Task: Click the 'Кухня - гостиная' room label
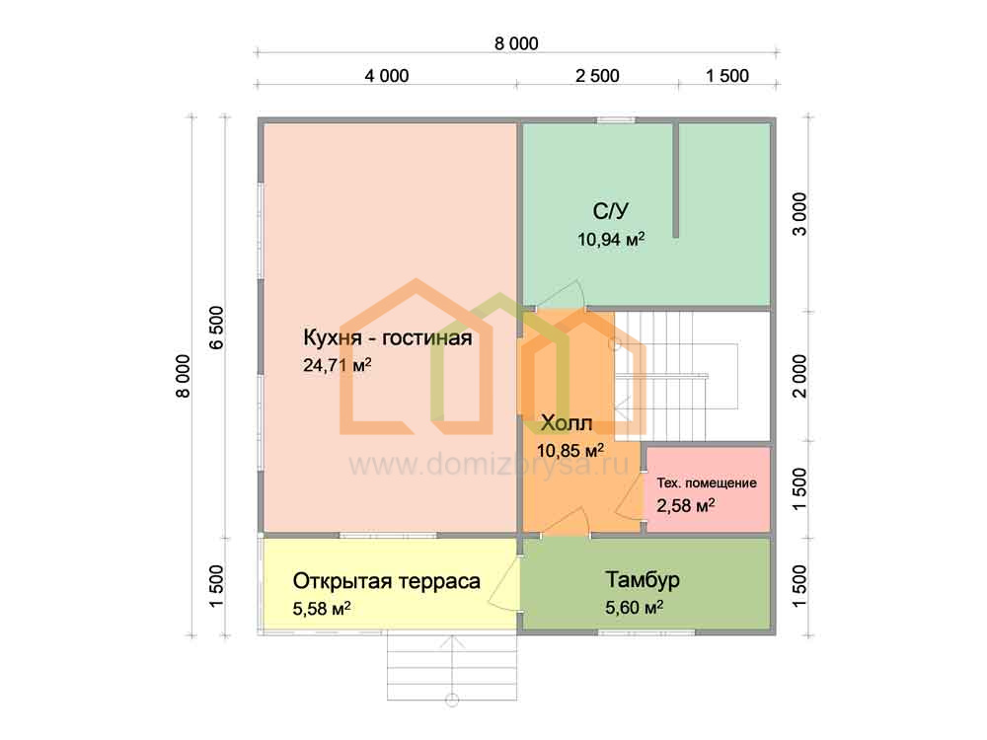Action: (387, 337)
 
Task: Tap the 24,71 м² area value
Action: (338, 365)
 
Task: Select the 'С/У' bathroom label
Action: (611, 211)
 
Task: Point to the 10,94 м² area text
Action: (611, 239)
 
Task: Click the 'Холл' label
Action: (567, 423)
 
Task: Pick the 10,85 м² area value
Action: (570, 451)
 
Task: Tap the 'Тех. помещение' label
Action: (707, 483)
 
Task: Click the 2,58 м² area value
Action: (686, 505)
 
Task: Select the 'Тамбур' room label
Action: (643, 579)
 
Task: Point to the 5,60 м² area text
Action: (635, 608)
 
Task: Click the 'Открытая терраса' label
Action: (387, 581)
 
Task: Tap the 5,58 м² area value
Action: (322, 609)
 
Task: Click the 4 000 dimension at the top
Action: (387, 76)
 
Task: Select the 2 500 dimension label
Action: (597, 76)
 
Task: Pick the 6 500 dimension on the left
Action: (216, 328)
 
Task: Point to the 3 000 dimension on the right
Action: (798, 214)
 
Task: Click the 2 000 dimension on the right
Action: (798, 376)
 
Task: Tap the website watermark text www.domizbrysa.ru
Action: (490, 466)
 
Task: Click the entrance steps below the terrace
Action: (452, 666)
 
